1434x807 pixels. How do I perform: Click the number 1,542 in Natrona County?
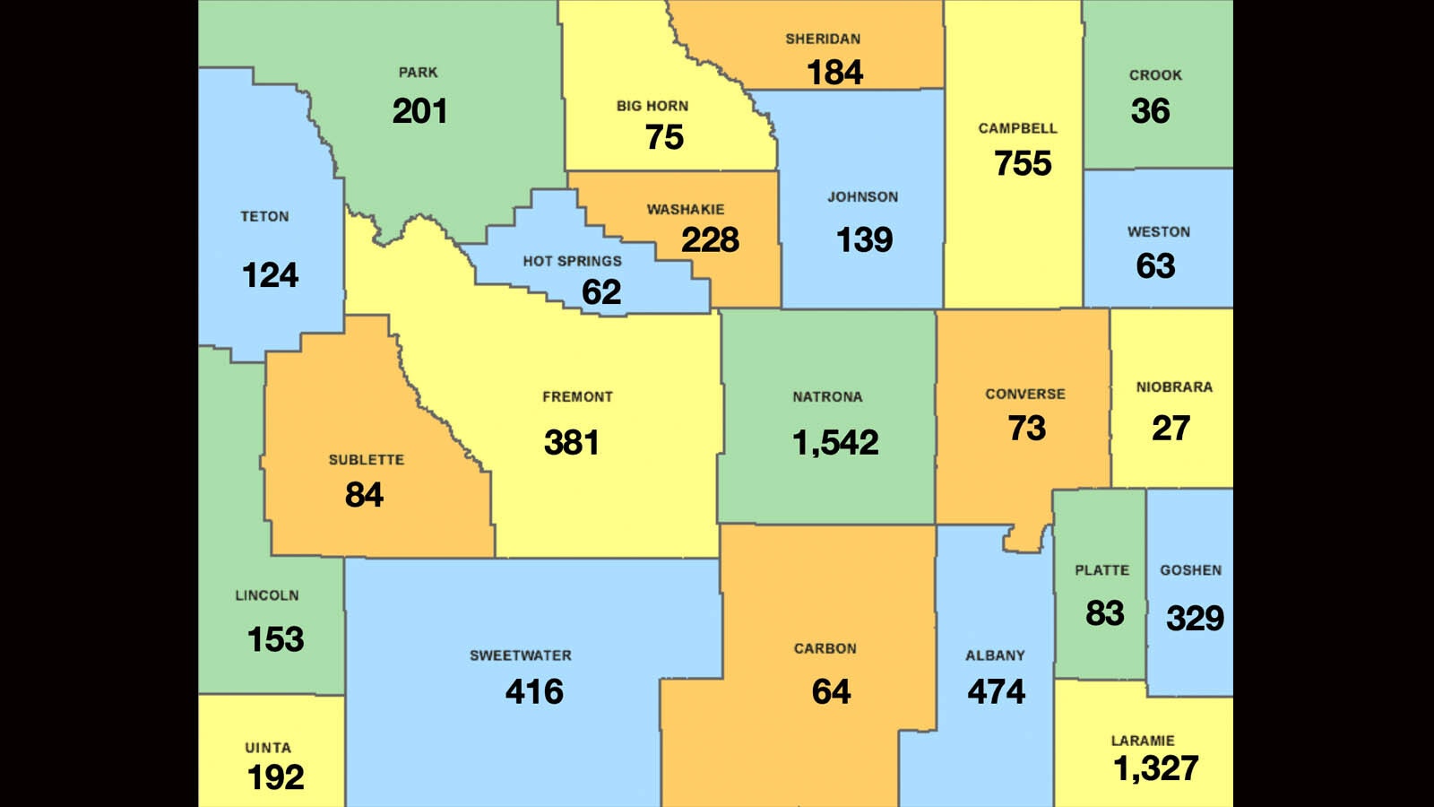click(x=835, y=442)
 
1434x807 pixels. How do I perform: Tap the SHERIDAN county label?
click(x=823, y=39)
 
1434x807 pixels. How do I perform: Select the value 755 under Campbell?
click(x=1023, y=163)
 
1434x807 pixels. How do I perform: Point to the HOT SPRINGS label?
click(x=572, y=261)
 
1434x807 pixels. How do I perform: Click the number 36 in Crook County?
click(x=1150, y=111)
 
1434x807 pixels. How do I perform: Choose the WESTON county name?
click(x=1158, y=231)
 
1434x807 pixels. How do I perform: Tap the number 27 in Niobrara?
click(x=1171, y=428)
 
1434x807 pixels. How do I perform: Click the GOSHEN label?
click(x=1190, y=570)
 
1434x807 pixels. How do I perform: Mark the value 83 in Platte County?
click(x=1104, y=613)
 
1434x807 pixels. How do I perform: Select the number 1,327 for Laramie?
click(x=1155, y=768)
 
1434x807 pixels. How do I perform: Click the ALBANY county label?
click(x=995, y=655)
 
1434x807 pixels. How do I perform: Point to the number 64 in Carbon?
click(x=831, y=691)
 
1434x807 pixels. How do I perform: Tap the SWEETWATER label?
click(x=521, y=655)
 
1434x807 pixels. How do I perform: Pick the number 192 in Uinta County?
click(x=275, y=777)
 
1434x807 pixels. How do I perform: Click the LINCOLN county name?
click(x=267, y=595)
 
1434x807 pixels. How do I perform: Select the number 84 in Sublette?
click(x=364, y=494)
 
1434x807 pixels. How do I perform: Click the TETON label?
click(x=264, y=217)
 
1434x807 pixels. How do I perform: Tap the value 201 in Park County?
click(x=419, y=111)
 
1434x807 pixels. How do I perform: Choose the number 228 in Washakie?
click(x=710, y=239)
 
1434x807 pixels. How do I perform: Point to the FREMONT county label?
click(x=577, y=396)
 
